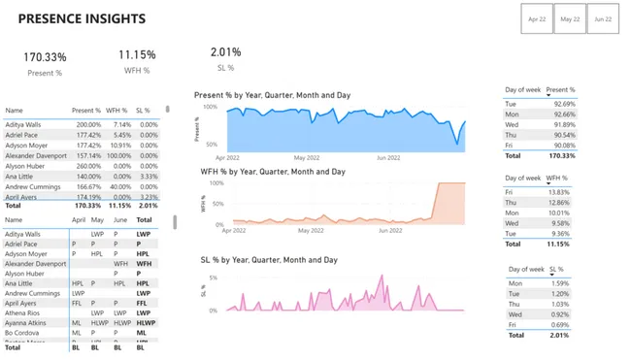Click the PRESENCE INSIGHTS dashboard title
(x=82, y=19)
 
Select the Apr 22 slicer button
(x=536, y=19)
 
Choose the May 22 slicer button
(x=570, y=19)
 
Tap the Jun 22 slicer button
(x=603, y=19)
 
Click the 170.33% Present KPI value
(x=46, y=58)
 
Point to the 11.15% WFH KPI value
(x=137, y=56)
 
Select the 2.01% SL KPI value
(x=225, y=52)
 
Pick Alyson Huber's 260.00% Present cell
(x=88, y=166)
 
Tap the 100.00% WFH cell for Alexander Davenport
(x=117, y=155)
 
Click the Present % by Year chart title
(x=272, y=95)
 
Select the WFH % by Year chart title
(x=272, y=172)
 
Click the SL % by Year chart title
(x=269, y=260)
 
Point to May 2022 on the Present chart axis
(x=307, y=157)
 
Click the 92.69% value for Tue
(x=564, y=104)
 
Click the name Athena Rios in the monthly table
(x=22, y=312)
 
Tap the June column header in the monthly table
(x=120, y=220)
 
